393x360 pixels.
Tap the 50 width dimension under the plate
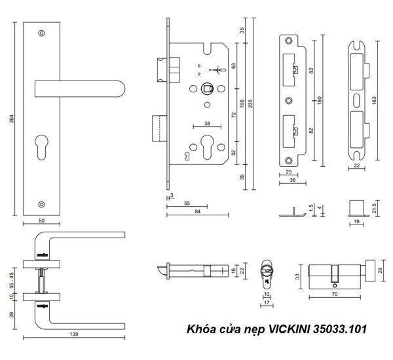pyautogui.click(x=42, y=221)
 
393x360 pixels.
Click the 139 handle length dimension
pyautogui.click(x=73, y=334)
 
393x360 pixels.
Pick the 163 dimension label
pyautogui.click(x=375, y=101)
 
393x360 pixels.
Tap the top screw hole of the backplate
pyautogui.click(x=42, y=32)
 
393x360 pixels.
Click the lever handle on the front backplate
pyautogui.click(x=79, y=88)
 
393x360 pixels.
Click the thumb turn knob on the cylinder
pyautogui.click(x=361, y=268)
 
